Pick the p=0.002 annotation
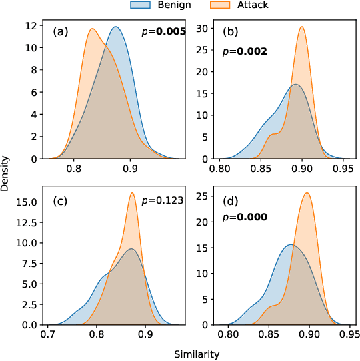[x=244, y=51]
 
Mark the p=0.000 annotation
[x=244, y=217]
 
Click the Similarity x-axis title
[x=196, y=355]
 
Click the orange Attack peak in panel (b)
[x=302, y=27]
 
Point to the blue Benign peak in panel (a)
[x=116, y=27]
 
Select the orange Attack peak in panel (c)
[x=132, y=193]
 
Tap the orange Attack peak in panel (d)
[x=307, y=193]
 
